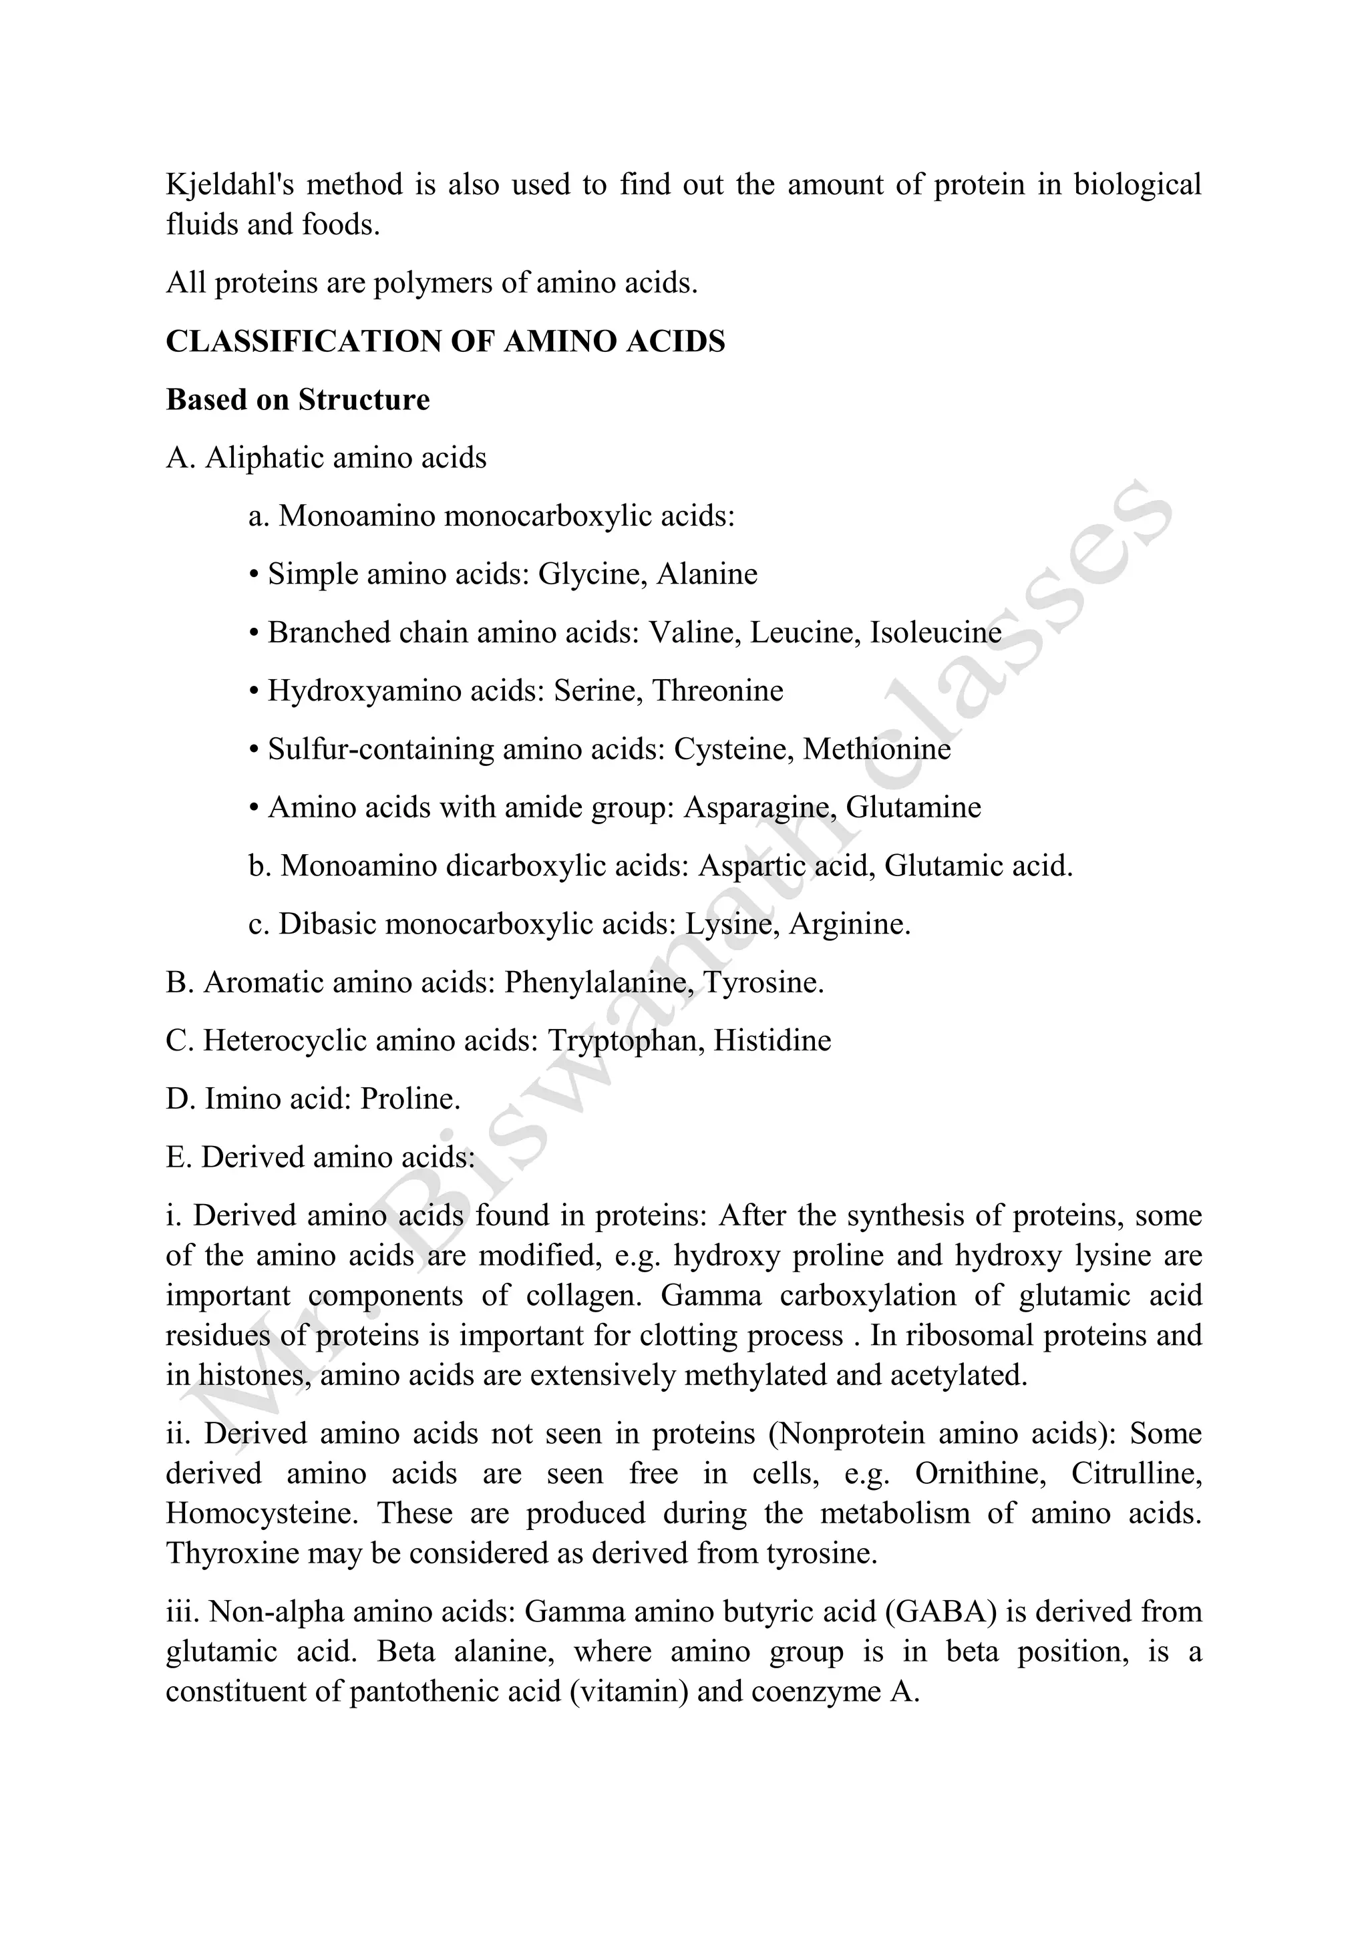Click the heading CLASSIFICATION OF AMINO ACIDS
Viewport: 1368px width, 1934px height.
pyautogui.click(x=446, y=341)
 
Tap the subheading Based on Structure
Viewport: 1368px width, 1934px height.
pyautogui.click(x=297, y=399)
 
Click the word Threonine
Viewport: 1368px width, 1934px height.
pyautogui.click(x=717, y=691)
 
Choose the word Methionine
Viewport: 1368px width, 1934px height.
pyautogui.click(x=877, y=749)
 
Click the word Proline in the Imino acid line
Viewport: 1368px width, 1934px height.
pyautogui.click(x=409, y=1099)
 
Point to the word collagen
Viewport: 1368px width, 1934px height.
pyautogui.click(x=583, y=1295)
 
